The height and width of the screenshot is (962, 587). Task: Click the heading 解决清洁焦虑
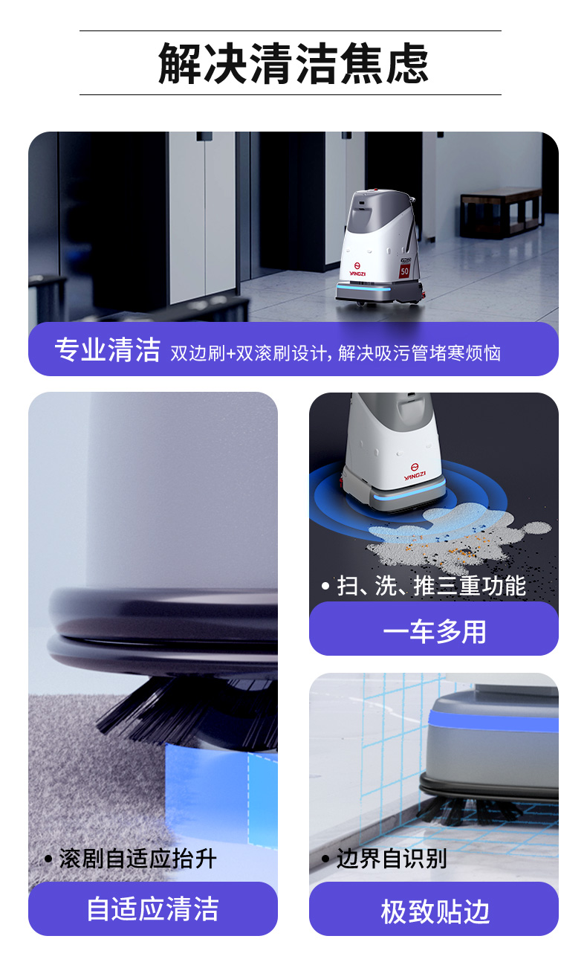pos(293,63)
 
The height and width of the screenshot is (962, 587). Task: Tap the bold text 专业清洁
pos(107,349)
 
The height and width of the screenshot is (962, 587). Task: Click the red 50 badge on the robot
pos(404,271)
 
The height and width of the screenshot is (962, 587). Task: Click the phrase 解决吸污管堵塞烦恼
pos(419,352)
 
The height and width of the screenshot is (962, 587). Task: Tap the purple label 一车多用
pos(434,631)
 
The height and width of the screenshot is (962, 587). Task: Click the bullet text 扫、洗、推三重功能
pos(431,586)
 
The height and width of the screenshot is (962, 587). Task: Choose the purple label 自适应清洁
pos(152,908)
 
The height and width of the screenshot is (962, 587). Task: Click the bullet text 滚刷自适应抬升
pos(137,859)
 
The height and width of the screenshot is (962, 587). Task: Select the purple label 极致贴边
pos(434,911)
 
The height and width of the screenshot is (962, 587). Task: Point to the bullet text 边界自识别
pos(391,859)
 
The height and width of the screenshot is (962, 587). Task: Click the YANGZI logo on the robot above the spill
pos(415,474)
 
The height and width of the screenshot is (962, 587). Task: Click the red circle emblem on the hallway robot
pos(357,262)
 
